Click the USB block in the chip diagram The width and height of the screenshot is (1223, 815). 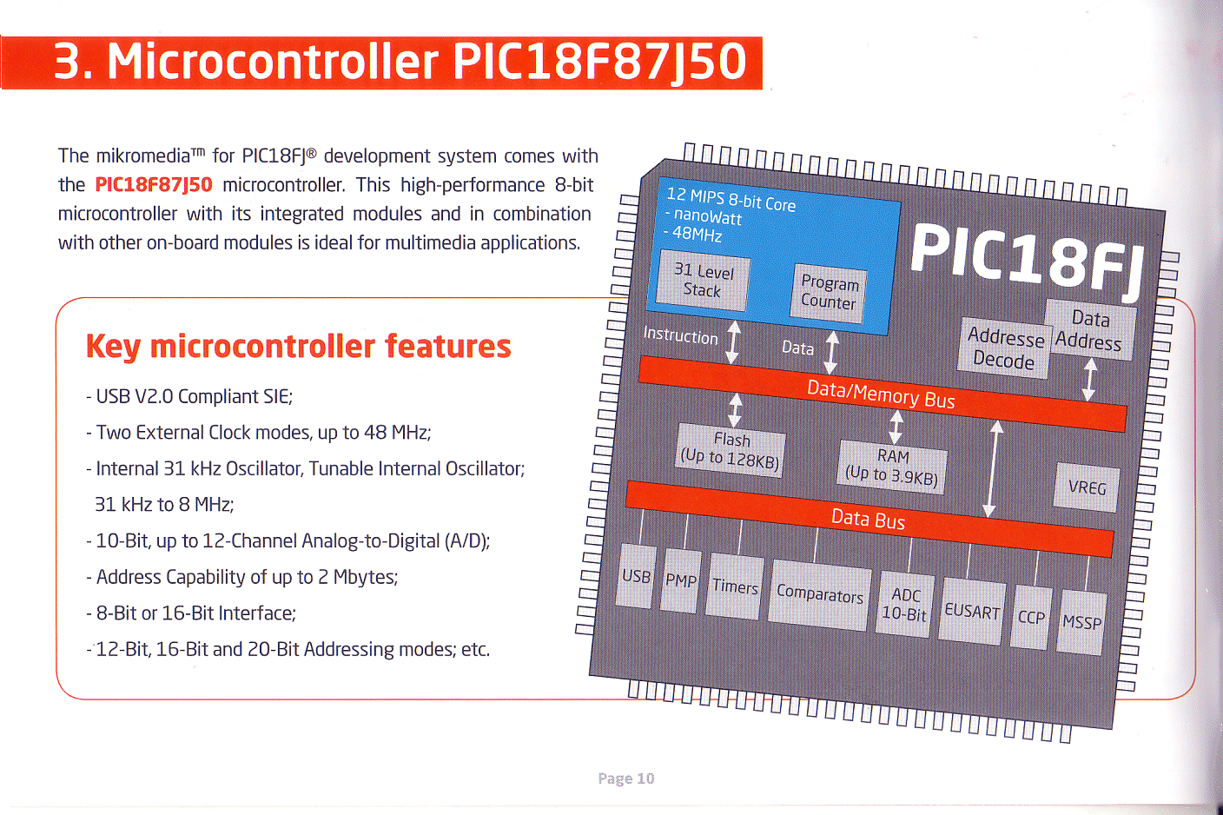pos(636,576)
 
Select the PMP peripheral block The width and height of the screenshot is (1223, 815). pos(681,580)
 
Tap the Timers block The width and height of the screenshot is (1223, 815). pos(735,586)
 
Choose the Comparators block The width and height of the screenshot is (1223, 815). pos(819,595)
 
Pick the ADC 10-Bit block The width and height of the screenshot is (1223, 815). pos(905,604)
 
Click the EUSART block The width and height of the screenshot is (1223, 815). pos(972,612)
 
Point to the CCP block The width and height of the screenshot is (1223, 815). pos(1031,617)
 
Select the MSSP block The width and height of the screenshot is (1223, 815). pos(1081,623)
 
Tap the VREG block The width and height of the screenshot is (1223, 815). pos(1087,487)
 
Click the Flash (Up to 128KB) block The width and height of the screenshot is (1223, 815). pos(730,451)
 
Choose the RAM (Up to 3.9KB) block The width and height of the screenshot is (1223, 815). pos(892,467)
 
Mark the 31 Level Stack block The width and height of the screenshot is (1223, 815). pos(704,281)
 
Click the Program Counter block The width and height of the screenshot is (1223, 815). pos(829,293)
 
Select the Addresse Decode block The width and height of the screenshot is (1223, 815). pos(1005,348)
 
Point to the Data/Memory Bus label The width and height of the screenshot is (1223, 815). pos(881,394)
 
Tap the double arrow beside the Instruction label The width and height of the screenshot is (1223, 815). pos(733,342)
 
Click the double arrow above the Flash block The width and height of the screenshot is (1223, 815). pos(736,410)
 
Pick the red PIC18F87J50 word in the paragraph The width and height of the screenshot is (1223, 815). pos(154,184)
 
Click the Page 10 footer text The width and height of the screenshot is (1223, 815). pos(625,778)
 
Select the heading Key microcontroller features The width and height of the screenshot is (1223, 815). pos(298,347)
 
